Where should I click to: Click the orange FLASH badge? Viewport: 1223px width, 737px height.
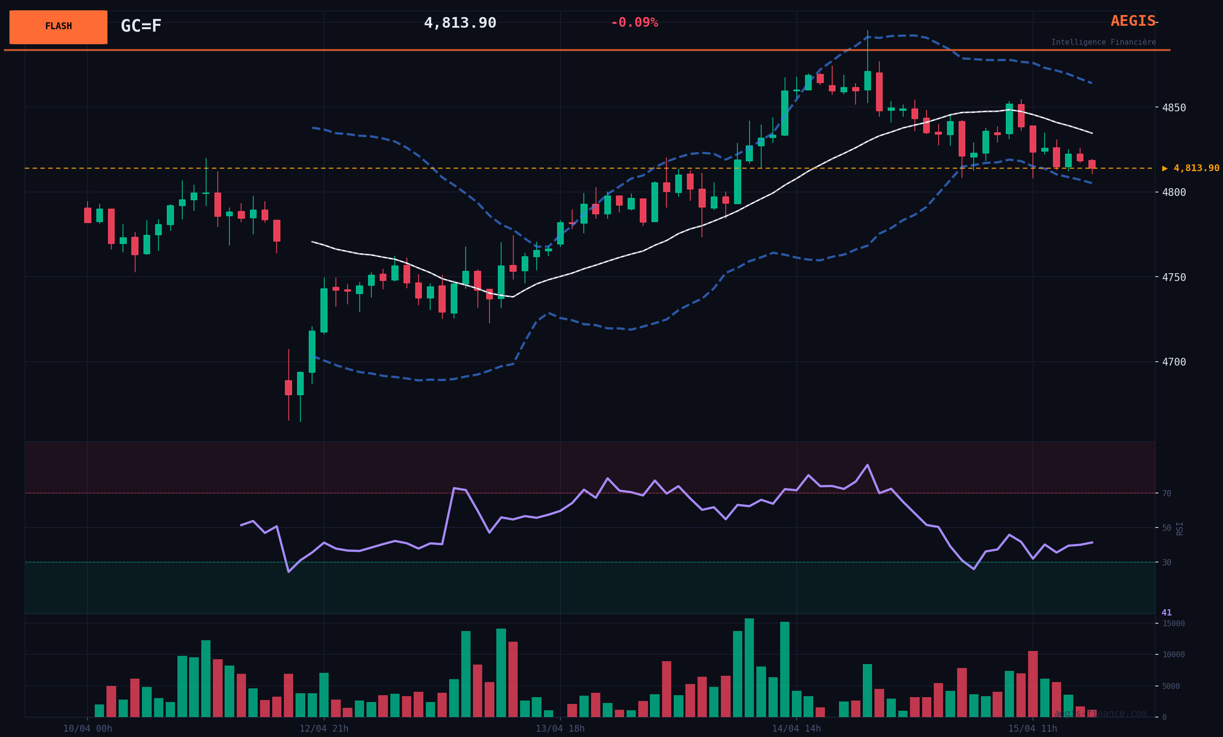coord(58,27)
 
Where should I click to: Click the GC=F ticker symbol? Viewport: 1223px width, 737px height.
coord(141,26)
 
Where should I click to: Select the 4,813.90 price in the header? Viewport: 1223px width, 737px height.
coord(460,23)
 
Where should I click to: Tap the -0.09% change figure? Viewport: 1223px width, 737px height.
coord(634,23)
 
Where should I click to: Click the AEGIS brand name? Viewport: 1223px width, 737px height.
coord(1133,21)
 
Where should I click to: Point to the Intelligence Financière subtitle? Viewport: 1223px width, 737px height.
coord(1103,42)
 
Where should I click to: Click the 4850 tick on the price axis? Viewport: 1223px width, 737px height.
coord(1173,108)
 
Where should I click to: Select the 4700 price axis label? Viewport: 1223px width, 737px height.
coord(1173,362)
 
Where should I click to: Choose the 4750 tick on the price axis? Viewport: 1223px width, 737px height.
coord(1173,277)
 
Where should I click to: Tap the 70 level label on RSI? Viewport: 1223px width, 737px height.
coord(1167,493)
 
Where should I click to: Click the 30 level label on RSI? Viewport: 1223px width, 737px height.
coord(1167,562)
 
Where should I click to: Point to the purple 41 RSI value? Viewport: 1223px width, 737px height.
coord(1167,613)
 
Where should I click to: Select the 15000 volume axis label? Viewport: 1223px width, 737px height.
coord(1173,623)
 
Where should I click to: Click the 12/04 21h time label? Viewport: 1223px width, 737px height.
coord(324,729)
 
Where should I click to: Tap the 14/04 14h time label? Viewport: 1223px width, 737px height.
coord(796,729)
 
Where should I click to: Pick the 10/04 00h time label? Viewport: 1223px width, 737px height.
coord(87,729)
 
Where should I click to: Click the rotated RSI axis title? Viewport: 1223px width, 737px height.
coord(1180,528)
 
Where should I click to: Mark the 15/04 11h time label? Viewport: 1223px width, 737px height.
coord(1032,729)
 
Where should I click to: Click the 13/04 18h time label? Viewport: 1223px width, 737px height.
coord(560,729)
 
